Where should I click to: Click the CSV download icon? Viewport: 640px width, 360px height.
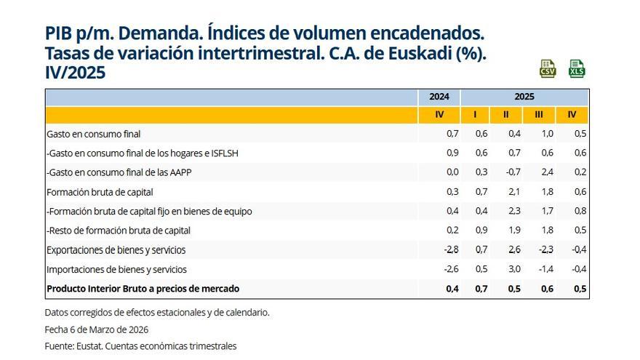tap(548, 69)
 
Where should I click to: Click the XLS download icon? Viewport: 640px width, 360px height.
tap(577, 69)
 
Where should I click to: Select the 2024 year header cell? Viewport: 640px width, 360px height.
tap(439, 97)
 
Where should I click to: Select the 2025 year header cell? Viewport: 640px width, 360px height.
tap(524, 97)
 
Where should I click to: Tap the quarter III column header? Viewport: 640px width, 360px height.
tap(539, 115)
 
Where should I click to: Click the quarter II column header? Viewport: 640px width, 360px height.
tap(505, 115)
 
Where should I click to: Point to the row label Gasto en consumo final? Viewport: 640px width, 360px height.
tap(93, 135)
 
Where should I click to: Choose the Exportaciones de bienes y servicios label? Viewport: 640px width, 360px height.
tap(116, 250)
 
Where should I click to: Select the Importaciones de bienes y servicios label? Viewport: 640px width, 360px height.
tap(116, 269)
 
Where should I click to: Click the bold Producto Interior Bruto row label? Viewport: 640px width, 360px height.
tap(143, 289)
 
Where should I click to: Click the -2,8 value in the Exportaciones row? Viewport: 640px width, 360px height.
tap(451, 250)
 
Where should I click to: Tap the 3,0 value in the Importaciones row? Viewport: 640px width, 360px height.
tap(514, 269)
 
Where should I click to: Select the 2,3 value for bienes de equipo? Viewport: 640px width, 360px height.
tap(514, 212)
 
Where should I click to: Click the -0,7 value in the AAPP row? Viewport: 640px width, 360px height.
tap(513, 173)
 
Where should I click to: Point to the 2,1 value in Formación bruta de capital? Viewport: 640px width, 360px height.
tap(514, 192)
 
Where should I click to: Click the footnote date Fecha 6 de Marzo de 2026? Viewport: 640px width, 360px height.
tap(96, 329)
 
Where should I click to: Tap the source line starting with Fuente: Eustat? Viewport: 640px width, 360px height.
tap(140, 346)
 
